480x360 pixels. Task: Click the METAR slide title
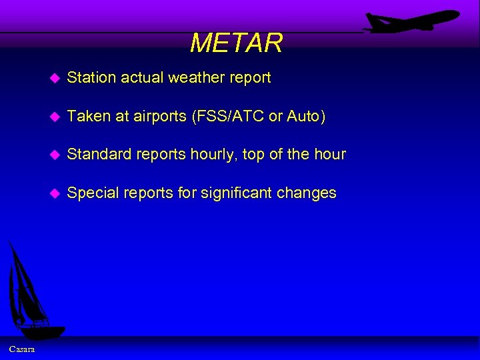(236, 43)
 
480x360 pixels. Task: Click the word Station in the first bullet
(91, 77)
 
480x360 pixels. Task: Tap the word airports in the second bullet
(160, 117)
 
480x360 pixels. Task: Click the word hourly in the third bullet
(213, 155)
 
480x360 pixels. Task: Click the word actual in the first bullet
(142, 77)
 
